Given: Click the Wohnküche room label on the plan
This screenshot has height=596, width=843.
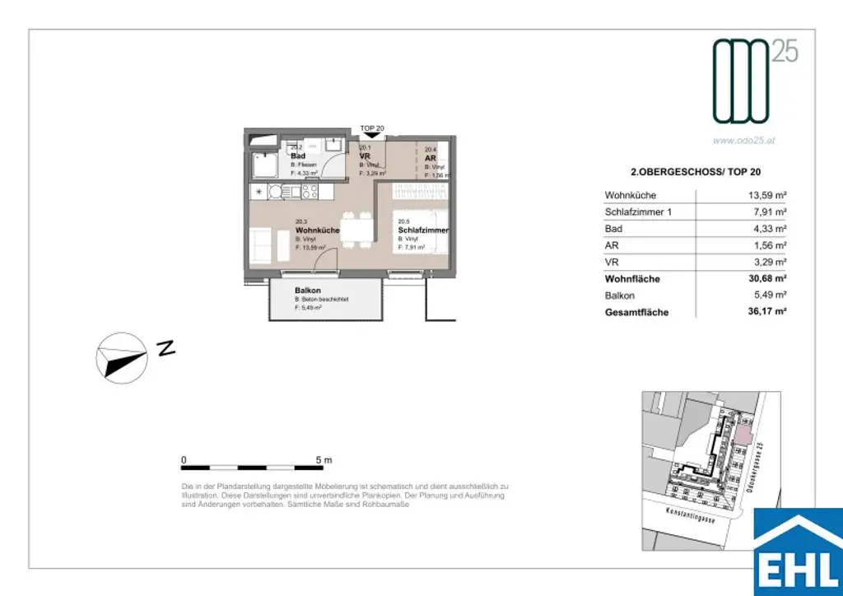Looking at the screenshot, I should (x=317, y=230).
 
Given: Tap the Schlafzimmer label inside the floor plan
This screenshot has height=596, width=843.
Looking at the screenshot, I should (x=422, y=230).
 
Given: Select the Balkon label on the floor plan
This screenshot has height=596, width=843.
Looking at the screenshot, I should (x=307, y=291).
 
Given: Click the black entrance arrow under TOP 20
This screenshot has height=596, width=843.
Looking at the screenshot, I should (x=372, y=136).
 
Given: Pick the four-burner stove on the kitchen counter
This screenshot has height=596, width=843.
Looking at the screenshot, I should (x=310, y=191).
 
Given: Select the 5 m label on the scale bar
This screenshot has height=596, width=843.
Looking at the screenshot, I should (x=324, y=460).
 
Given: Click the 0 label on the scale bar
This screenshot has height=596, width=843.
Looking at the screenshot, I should (x=184, y=460).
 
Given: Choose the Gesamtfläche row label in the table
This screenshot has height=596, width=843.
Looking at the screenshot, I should (x=636, y=312).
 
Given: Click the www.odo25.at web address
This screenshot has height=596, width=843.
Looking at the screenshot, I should (x=743, y=141).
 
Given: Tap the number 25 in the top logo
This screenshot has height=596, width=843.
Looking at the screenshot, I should (x=785, y=54).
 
